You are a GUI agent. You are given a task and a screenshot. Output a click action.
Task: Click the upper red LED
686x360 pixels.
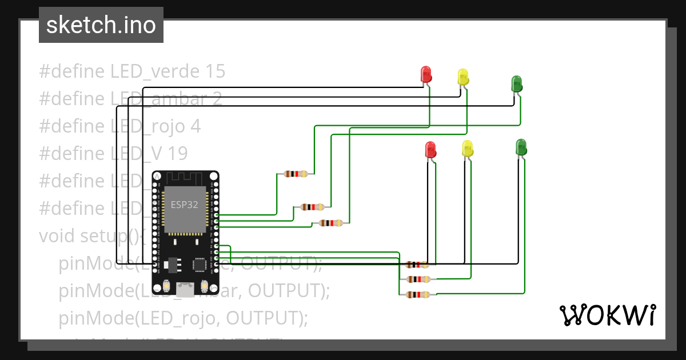tap(426, 74)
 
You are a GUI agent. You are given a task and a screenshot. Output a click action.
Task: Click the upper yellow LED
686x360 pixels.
tap(463, 77)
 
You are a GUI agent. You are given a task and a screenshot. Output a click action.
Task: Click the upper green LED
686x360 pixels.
tap(516, 83)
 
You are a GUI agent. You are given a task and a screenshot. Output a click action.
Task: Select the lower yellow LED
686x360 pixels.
tap(468, 148)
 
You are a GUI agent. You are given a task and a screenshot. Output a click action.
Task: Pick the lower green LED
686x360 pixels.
tap(521, 147)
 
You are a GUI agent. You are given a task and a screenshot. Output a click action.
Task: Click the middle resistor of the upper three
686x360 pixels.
tap(313, 207)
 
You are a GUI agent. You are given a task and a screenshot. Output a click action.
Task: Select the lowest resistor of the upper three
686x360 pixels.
tap(331, 223)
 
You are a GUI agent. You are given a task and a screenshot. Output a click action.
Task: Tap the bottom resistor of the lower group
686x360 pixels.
tap(417, 295)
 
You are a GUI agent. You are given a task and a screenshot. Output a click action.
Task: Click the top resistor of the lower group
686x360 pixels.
tap(417, 265)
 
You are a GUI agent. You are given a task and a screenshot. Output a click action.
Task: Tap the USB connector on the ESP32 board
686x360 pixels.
tap(184, 290)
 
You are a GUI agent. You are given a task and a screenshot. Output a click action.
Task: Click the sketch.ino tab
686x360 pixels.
tap(101, 25)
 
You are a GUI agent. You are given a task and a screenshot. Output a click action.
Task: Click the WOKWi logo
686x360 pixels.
tap(607, 315)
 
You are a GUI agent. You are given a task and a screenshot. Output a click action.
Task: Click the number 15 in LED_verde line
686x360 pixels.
tap(214, 71)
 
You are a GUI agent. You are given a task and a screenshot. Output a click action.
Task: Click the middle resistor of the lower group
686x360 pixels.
tap(417, 279)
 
